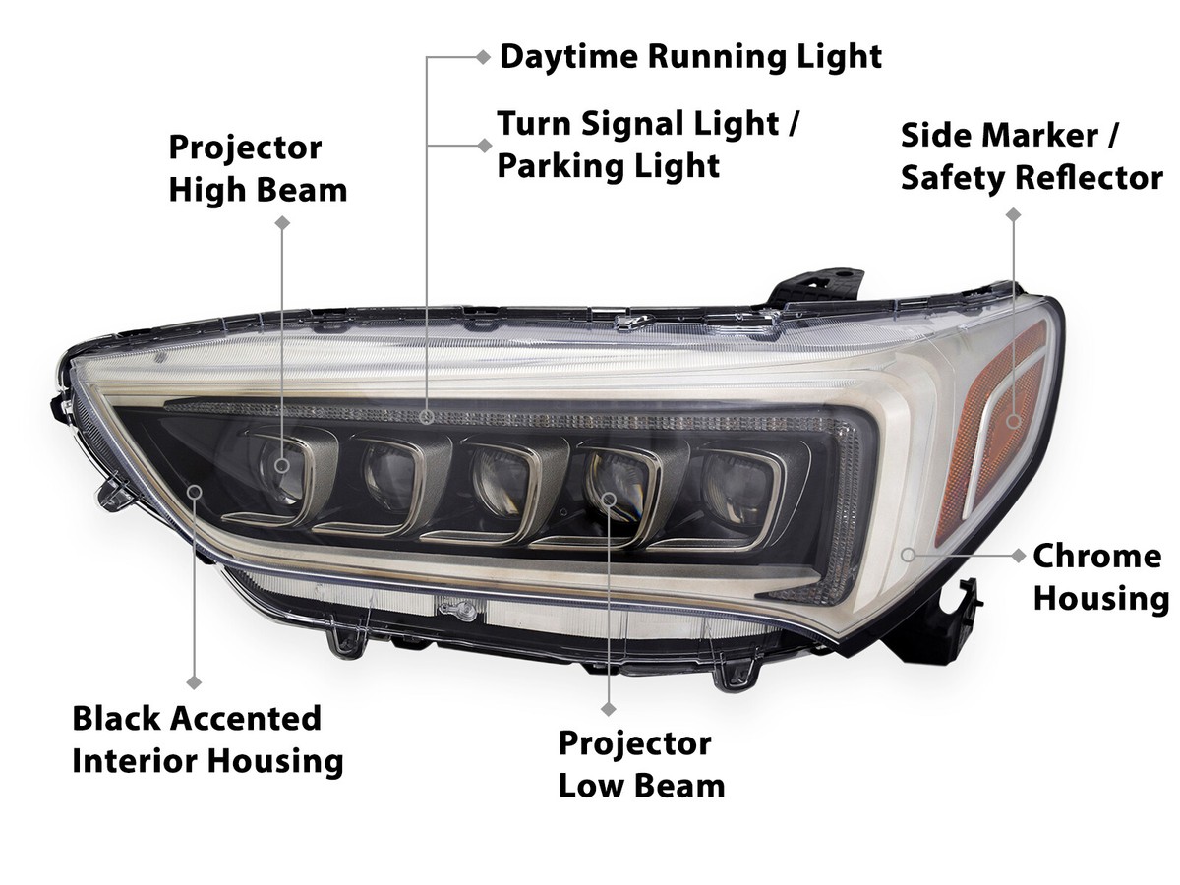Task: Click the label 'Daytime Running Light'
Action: click(x=690, y=56)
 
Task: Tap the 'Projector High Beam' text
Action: click(x=258, y=168)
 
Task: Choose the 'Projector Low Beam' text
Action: click(x=641, y=764)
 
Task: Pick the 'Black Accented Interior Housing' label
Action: click(x=207, y=738)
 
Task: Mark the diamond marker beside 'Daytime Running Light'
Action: click(x=483, y=56)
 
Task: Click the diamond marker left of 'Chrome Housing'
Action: click(x=1020, y=556)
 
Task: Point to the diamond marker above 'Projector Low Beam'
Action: click(x=609, y=707)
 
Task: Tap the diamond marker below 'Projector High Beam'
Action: click(x=282, y=223)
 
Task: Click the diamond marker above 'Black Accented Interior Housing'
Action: click(x=194, y=681)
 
